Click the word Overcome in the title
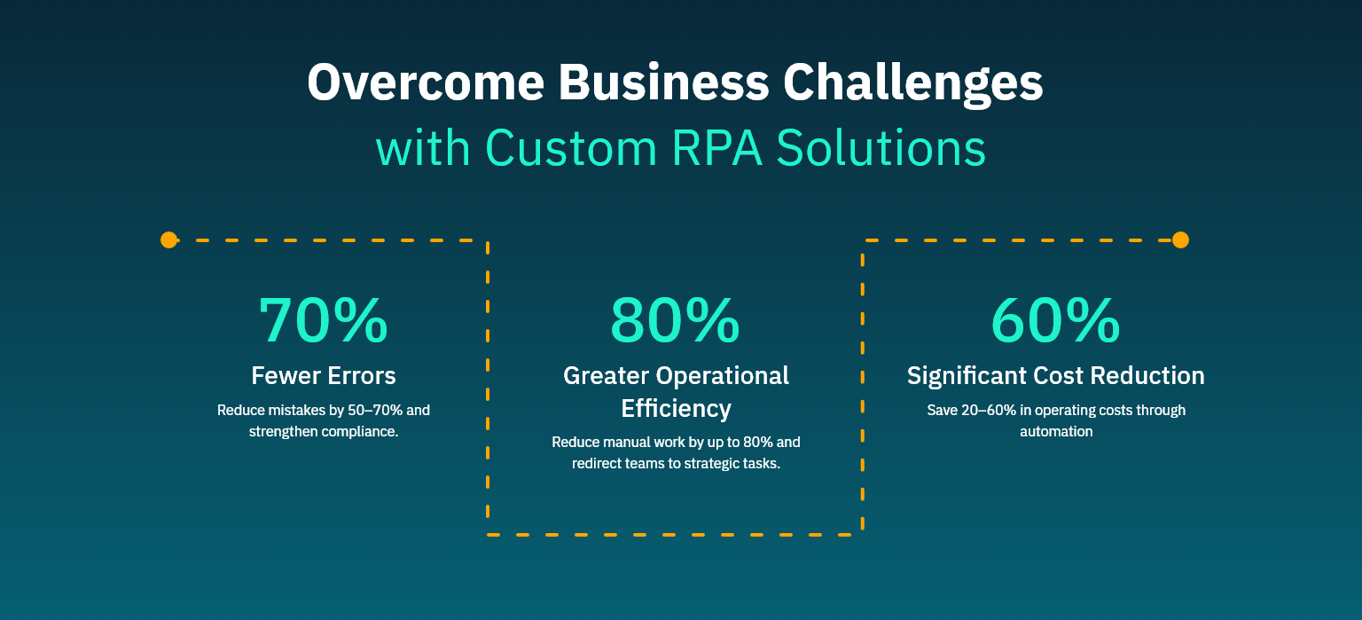[425, 82]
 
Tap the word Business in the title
[664, 82]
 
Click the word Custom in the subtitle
[565, 148]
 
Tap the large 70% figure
[324, 320]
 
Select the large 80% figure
[675, 320]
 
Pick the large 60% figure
[1055, 320]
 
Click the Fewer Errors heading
[324, 375]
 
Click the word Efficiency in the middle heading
[676, 408]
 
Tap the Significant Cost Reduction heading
[1055, 375]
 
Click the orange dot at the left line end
[168, 239]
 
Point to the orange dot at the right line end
[1180, 239]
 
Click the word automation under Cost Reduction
[1055, 432]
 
